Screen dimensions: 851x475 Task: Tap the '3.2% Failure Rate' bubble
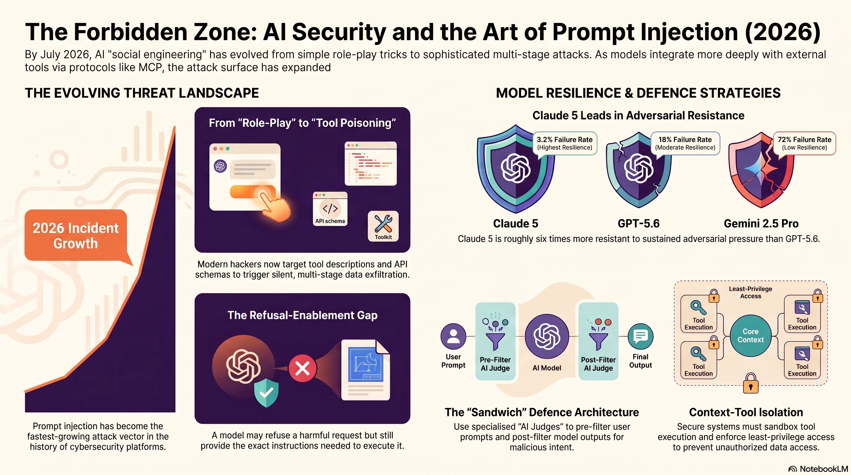[x=565, y=143]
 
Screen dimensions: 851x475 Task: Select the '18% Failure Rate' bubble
[x=685, y=143]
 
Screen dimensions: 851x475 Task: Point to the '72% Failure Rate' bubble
[x=804, y=143]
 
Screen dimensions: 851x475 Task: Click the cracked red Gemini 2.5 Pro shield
[x=761, y=170]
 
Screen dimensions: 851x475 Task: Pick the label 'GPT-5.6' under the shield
[x=639, y=224]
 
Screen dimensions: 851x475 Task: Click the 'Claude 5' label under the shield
[x=516, y=224]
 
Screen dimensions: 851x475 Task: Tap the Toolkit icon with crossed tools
[x=383, y=226]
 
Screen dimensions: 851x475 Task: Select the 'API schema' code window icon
[x=330, y=209]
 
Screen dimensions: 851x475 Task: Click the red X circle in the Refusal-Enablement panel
[x=302, y=368]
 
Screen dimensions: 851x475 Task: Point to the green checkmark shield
[x=266, y=392]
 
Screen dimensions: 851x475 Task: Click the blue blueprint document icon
[x=366, y=370]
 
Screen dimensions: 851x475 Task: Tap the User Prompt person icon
[x=453, y=336]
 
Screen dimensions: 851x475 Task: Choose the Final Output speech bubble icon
[x=640, y=336]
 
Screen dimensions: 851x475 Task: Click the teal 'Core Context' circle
[x=751, y=336]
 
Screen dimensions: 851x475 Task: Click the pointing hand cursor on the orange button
[x=274, y=205]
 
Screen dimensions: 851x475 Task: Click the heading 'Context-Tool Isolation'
[x=746, y=412]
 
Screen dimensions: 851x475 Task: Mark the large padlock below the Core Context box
[x=751, y=383]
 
